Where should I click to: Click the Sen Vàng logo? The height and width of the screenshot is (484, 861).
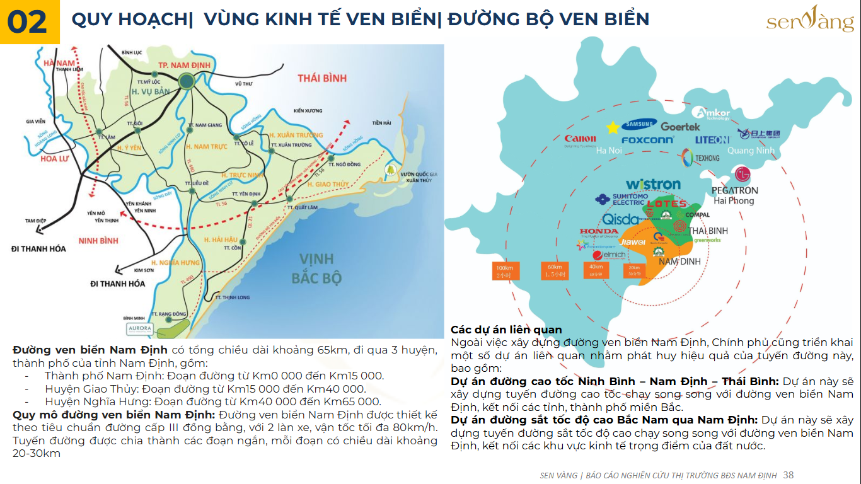tap(810, 20)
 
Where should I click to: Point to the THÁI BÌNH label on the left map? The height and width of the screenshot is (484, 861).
tap(322, 78)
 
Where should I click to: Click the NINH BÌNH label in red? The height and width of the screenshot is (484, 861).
tap(98, 241)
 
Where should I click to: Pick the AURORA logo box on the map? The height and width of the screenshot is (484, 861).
tap(139, 328)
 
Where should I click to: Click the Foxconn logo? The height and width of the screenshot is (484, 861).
tap(647, 140)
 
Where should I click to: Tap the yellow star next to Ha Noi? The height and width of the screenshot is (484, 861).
tap(612, 128)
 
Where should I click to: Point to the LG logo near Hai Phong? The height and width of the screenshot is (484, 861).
tap(744, 174)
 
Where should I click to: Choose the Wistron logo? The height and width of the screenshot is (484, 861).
tap(653, 185)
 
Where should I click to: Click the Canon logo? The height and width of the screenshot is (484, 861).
tap(580, 139)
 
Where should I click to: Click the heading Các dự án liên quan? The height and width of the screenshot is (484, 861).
tap(506, 330)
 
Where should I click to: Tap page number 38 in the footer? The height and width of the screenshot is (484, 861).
tap(789, 475)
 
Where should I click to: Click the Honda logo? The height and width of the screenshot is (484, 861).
tap(598, 232)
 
